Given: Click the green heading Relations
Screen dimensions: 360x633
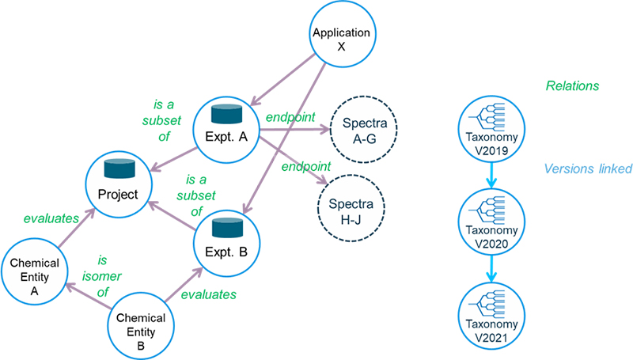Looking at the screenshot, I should pos(572,85).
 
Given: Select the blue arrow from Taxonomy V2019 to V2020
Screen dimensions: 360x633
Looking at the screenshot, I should pos(491,175).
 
